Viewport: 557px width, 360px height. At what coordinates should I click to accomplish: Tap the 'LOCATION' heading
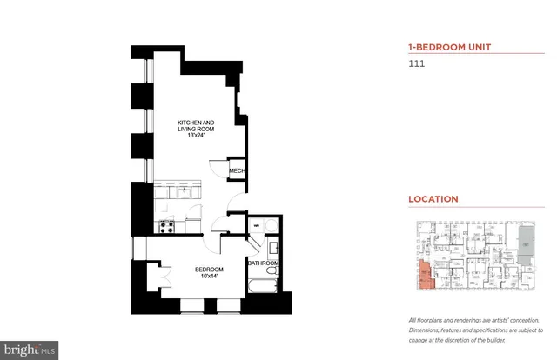point(433,199)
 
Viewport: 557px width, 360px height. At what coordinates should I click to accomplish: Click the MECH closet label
point(236,172)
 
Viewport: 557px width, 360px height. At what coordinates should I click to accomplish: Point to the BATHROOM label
point(263,263)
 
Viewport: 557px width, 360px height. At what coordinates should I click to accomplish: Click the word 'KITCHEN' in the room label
point(189,123)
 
